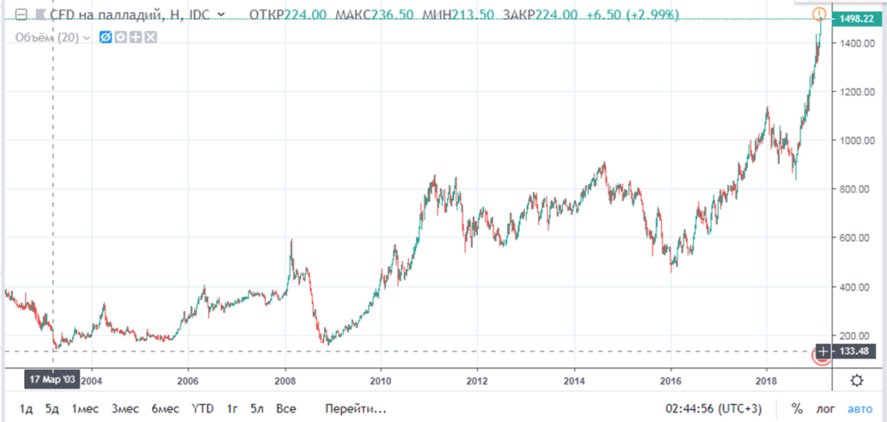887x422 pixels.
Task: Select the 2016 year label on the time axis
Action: pyautogui.click(x=670, y=380)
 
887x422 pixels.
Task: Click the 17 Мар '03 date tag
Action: pyautogui.click(x=52, y=380)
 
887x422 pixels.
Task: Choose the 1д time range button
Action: pyautogui.click(x=27, y=407)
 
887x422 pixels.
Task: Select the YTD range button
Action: pyautogui.click(x=203, y=407)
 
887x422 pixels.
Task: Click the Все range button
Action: pyautogui.click(x=287, y=407)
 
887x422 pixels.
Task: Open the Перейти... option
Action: pyautogui.click(x=356, y=407)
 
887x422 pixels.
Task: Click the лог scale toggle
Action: pyautogui.click(x=825, y=407)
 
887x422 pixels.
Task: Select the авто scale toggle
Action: pyautogui.click(x=860, y=407)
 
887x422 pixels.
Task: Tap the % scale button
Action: pyautogui.click(x=796, y=407)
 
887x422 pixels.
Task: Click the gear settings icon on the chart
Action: pyautogui.click(x=856, y=380)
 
